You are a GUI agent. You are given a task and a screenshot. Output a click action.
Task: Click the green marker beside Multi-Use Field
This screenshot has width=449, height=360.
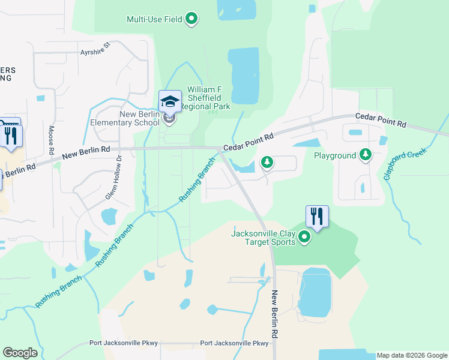[191, 19]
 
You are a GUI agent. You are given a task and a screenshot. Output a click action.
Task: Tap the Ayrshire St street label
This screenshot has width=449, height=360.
[96, 53]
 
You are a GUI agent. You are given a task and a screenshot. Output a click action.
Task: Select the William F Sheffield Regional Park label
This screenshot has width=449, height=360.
[205, 98]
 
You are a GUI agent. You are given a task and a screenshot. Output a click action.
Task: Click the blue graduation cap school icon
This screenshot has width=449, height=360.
[170, 101]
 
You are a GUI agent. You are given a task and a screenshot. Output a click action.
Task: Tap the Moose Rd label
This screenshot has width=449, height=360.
[52, 138]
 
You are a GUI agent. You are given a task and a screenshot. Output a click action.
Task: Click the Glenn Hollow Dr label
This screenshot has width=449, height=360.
[119, 172]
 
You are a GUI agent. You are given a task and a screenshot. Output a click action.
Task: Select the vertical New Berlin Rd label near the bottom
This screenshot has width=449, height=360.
[275, 314]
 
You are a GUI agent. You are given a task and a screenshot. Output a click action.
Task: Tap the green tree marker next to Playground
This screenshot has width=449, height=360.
[365, 155]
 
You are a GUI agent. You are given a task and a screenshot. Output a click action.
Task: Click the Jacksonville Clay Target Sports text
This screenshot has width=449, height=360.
[264, 238]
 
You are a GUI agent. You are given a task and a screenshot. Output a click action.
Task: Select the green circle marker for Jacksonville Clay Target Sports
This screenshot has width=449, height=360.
[304, 238]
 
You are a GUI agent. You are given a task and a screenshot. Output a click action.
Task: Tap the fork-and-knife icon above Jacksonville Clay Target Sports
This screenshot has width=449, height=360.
[317, 216]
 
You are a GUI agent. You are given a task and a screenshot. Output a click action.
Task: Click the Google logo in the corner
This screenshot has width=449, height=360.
[20, 353]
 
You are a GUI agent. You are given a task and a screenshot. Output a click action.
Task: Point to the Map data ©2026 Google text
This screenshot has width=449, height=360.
[411, 355]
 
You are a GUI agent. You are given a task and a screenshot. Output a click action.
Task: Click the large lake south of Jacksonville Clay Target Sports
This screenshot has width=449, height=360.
[315, 292]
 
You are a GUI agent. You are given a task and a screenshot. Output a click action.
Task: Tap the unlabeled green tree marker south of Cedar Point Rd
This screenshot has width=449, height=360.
[267, 162]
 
